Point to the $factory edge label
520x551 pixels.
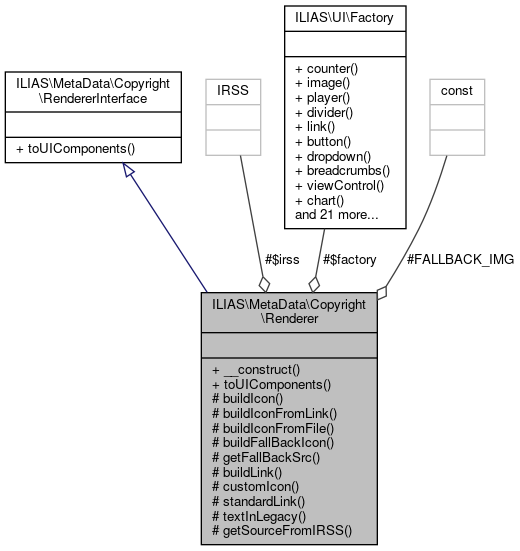pos(348,259)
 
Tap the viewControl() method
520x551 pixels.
pos(341,185)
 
